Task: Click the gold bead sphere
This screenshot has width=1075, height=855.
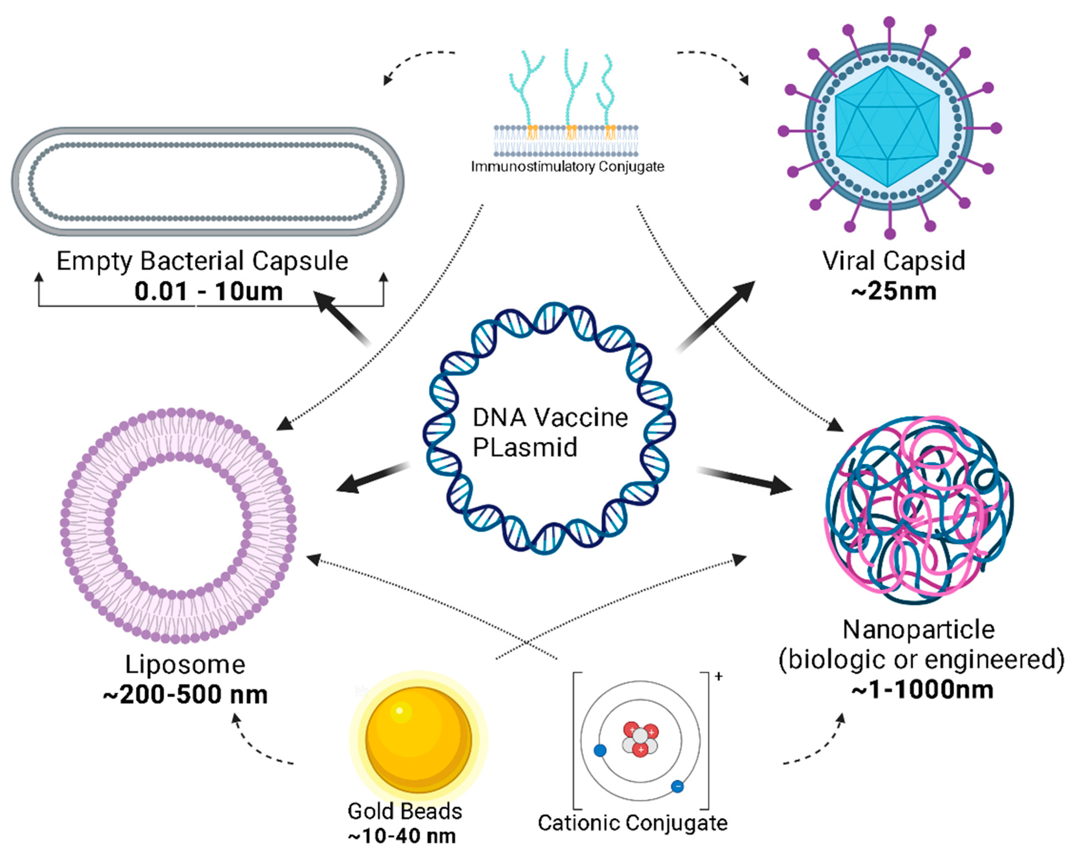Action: pyautogui.click(x=418, y=739)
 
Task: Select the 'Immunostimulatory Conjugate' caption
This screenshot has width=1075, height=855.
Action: pyautogui.click(x=567, y=166)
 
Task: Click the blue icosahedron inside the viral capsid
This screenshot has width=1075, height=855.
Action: pyautogui.click(x=887, y=127)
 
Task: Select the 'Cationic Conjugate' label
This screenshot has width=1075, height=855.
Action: pyautogui.click(x=632, y=823)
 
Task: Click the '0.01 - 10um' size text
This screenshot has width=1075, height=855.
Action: pyautogui.click(x=208, y=292)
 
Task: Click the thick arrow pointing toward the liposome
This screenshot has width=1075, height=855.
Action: pyautogui.click(x=371, y=478)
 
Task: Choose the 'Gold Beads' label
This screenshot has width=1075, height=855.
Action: pyautogui.click(x=404, y=811)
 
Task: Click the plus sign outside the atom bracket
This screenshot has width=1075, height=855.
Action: pyautogui.click(x=718, y=676)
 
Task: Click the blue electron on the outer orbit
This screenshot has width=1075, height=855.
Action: pyautogui.click(x=677, y=786)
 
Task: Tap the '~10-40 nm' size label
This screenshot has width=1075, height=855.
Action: pyautogui.click(x=402, y=836)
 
